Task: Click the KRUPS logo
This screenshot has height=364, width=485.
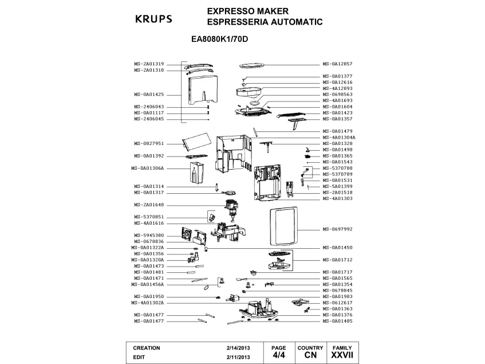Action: tap(153, 18)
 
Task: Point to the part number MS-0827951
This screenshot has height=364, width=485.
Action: tap(149, 143)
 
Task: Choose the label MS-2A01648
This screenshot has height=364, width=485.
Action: tap(149, 205)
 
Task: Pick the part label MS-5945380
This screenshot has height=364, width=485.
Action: tap(149, 235)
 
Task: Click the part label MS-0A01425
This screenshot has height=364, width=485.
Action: tap(149, 94)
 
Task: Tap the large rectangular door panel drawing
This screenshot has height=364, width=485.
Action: tap(281, 229)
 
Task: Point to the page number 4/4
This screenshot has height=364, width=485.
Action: tap(278, 355)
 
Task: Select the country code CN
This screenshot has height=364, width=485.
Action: tap(310, 355)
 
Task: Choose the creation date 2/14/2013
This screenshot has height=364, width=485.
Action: tap(238, 348)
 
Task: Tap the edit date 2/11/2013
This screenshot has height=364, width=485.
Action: tap(238, 357)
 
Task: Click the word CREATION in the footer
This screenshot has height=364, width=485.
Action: tap(147, 348)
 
